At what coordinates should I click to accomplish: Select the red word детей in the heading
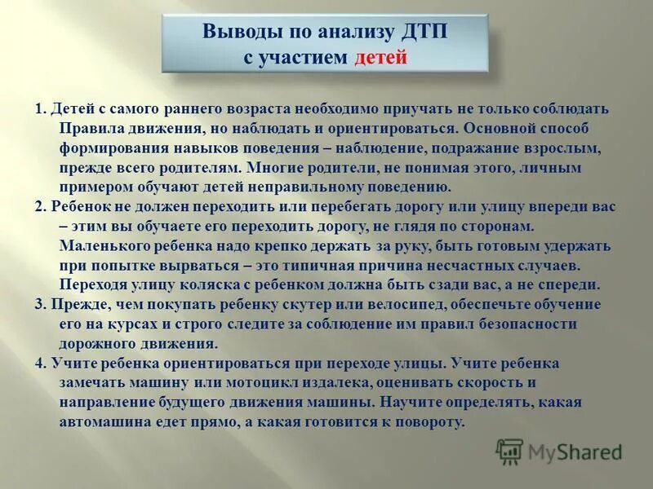pos(380,59)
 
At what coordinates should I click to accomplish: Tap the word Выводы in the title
pos(241,33)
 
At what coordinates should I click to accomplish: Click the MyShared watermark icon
pos(510,450)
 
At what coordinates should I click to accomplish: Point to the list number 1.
pos(39,108)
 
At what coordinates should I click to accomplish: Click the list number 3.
pos(39,304)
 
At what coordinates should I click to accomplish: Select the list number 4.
pos(39,363)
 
